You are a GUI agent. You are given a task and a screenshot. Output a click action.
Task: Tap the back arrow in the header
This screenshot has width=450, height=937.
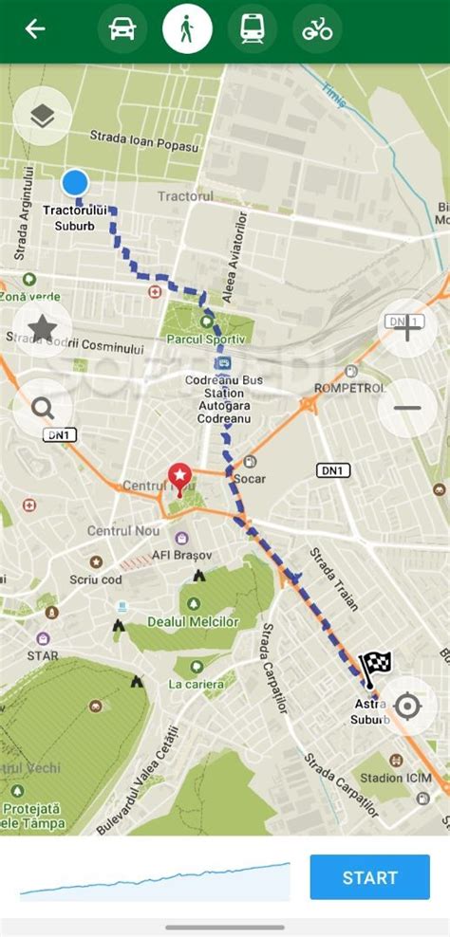[35, 29]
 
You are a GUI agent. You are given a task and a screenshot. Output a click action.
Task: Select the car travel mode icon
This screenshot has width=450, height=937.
[122, 29]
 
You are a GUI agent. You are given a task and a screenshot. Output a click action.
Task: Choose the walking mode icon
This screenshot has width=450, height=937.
[187, 29]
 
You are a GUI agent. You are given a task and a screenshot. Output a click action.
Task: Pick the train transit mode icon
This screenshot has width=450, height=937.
[253, 29]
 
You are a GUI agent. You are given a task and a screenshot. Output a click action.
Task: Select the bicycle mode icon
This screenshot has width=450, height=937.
[317, 29]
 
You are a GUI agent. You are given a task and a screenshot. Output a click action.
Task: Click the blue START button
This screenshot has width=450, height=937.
[369, 877]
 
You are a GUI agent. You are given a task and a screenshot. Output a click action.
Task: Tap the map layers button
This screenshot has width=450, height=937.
[42, 116]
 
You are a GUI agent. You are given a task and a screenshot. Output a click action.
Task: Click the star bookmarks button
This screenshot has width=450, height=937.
[42, 328]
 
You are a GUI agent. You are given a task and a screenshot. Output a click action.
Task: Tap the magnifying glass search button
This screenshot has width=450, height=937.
[42, 409]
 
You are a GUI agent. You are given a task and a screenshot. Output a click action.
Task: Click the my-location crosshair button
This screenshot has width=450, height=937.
[407, 707]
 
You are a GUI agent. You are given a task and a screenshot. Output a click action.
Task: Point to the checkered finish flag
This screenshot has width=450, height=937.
[374, 667]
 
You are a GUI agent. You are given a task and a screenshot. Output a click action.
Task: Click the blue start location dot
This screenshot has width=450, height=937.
[75, 182]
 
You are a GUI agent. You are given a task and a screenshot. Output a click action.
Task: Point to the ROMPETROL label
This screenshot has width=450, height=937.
[350, 388]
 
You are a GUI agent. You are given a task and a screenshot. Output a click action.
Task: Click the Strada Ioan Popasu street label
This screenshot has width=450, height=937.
[144, 141]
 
